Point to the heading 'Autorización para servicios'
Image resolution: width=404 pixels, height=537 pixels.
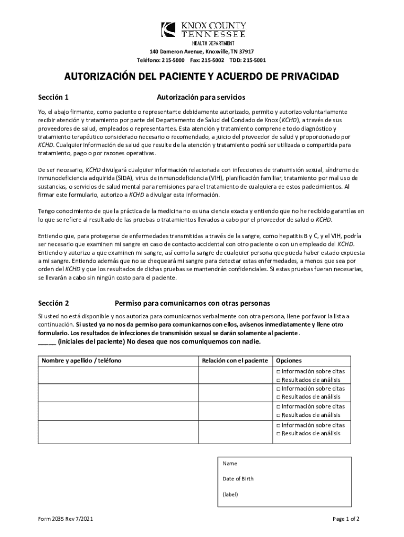[201, 98]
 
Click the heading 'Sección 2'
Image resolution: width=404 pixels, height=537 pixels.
[54, 303]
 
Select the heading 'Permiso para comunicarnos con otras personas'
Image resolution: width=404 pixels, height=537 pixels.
[193, 303]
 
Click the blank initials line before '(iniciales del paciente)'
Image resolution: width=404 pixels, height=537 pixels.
[47, 342]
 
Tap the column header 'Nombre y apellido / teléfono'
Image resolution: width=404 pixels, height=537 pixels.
[81, 361]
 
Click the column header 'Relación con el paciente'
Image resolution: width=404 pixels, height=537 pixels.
[235, 361]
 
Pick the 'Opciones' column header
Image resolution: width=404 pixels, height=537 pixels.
[289, 361]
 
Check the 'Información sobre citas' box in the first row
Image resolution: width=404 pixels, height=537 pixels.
[278, 372]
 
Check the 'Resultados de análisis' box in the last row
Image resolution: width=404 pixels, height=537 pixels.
[278, 434]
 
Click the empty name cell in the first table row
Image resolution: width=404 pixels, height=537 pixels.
[118, 375]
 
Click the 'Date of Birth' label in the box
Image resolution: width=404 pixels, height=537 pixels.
[238, 479]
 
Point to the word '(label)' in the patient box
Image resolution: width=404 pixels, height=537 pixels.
[230, 494]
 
